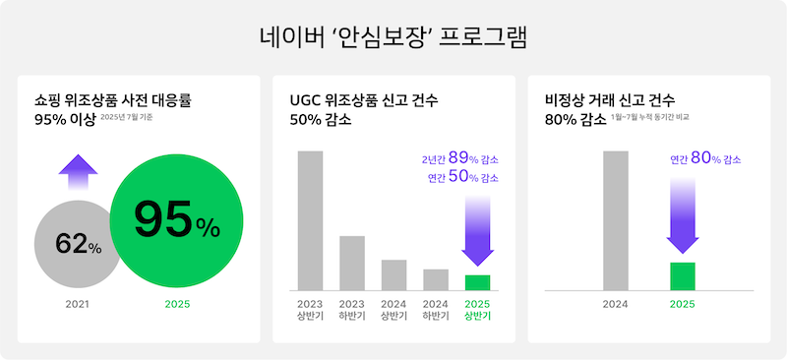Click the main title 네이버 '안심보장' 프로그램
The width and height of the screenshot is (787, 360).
point(393,38)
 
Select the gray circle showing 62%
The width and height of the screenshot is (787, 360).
point(79,245)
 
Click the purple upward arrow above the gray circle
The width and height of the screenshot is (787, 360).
point(79,174)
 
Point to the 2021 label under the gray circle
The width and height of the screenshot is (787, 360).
point(79,304)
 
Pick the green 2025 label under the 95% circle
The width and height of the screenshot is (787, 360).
point(177,304)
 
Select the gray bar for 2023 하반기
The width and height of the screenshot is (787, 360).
point(352,263)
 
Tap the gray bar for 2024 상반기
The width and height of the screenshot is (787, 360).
point(393,274)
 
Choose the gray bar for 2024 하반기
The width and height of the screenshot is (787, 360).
point(436,279)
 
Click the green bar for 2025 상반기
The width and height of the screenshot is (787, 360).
point(477,282)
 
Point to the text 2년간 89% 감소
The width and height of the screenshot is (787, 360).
point(459,158)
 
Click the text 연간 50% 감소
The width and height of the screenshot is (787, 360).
point(462,178)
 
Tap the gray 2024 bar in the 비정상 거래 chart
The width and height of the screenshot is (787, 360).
point(616,220)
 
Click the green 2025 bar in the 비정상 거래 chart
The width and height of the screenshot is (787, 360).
point(682,276)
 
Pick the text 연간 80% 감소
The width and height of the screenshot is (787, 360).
point(705,158)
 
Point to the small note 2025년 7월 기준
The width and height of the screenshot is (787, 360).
point(127,117)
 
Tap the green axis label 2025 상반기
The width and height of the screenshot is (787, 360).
point(477,310)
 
